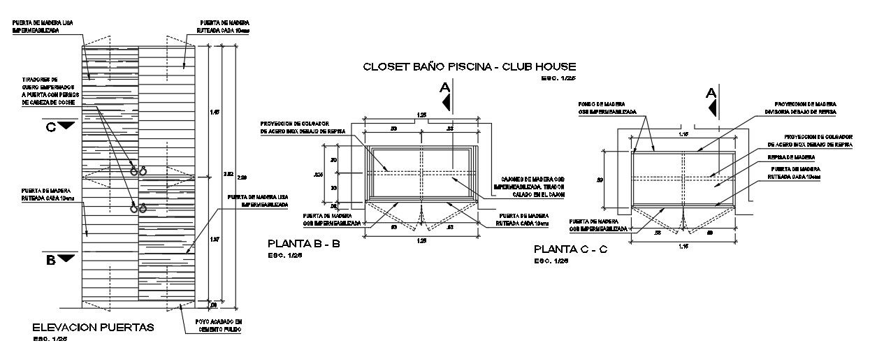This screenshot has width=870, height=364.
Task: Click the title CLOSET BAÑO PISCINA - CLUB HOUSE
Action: click(469, 67)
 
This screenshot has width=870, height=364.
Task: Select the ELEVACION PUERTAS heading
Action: click(93, 327)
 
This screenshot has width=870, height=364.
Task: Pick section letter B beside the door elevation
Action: click(50, 259)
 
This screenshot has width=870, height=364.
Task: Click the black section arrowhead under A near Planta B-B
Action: click(444, 102)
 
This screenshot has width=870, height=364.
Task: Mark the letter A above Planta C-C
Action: click(711, 93)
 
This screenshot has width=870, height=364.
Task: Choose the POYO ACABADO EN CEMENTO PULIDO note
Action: click(216, 326)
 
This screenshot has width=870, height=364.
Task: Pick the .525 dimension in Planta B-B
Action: click(319, 174)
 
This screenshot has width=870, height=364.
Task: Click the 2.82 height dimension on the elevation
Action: click(229, 175)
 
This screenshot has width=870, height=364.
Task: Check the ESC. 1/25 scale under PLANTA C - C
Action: click(551, 261)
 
